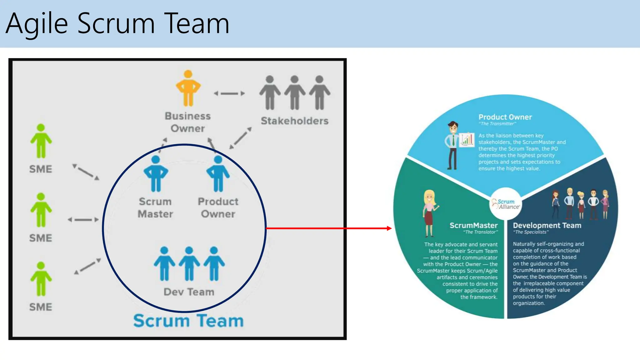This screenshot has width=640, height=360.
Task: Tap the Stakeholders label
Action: (x=294, y=121)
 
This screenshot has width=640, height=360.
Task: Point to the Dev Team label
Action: (x=189, y=292)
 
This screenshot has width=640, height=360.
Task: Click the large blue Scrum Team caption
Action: (x=188, y=321)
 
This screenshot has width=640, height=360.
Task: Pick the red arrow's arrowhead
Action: (x=389, y=228)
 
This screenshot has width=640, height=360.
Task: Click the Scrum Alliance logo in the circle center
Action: (x=505, y=204)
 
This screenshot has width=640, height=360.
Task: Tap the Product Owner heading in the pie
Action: (x=505, y=117)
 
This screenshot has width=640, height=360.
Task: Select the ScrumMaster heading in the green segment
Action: (x=473, y=225)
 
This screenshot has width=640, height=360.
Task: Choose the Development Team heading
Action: (x=547, y=225)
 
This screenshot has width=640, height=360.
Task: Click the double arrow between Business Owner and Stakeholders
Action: (x=229, y=93)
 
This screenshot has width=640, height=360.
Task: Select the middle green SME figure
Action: (x=41, y=210)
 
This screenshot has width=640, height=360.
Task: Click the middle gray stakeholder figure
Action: (x=294, y=92)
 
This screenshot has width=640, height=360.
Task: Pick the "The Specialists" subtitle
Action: (x=531, y=232)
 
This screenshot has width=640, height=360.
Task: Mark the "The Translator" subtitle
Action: (x=480, y=232)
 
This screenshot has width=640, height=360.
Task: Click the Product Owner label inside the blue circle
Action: (x=218, y=208)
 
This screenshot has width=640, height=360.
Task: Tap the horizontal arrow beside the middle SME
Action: (x=83, y=220)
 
